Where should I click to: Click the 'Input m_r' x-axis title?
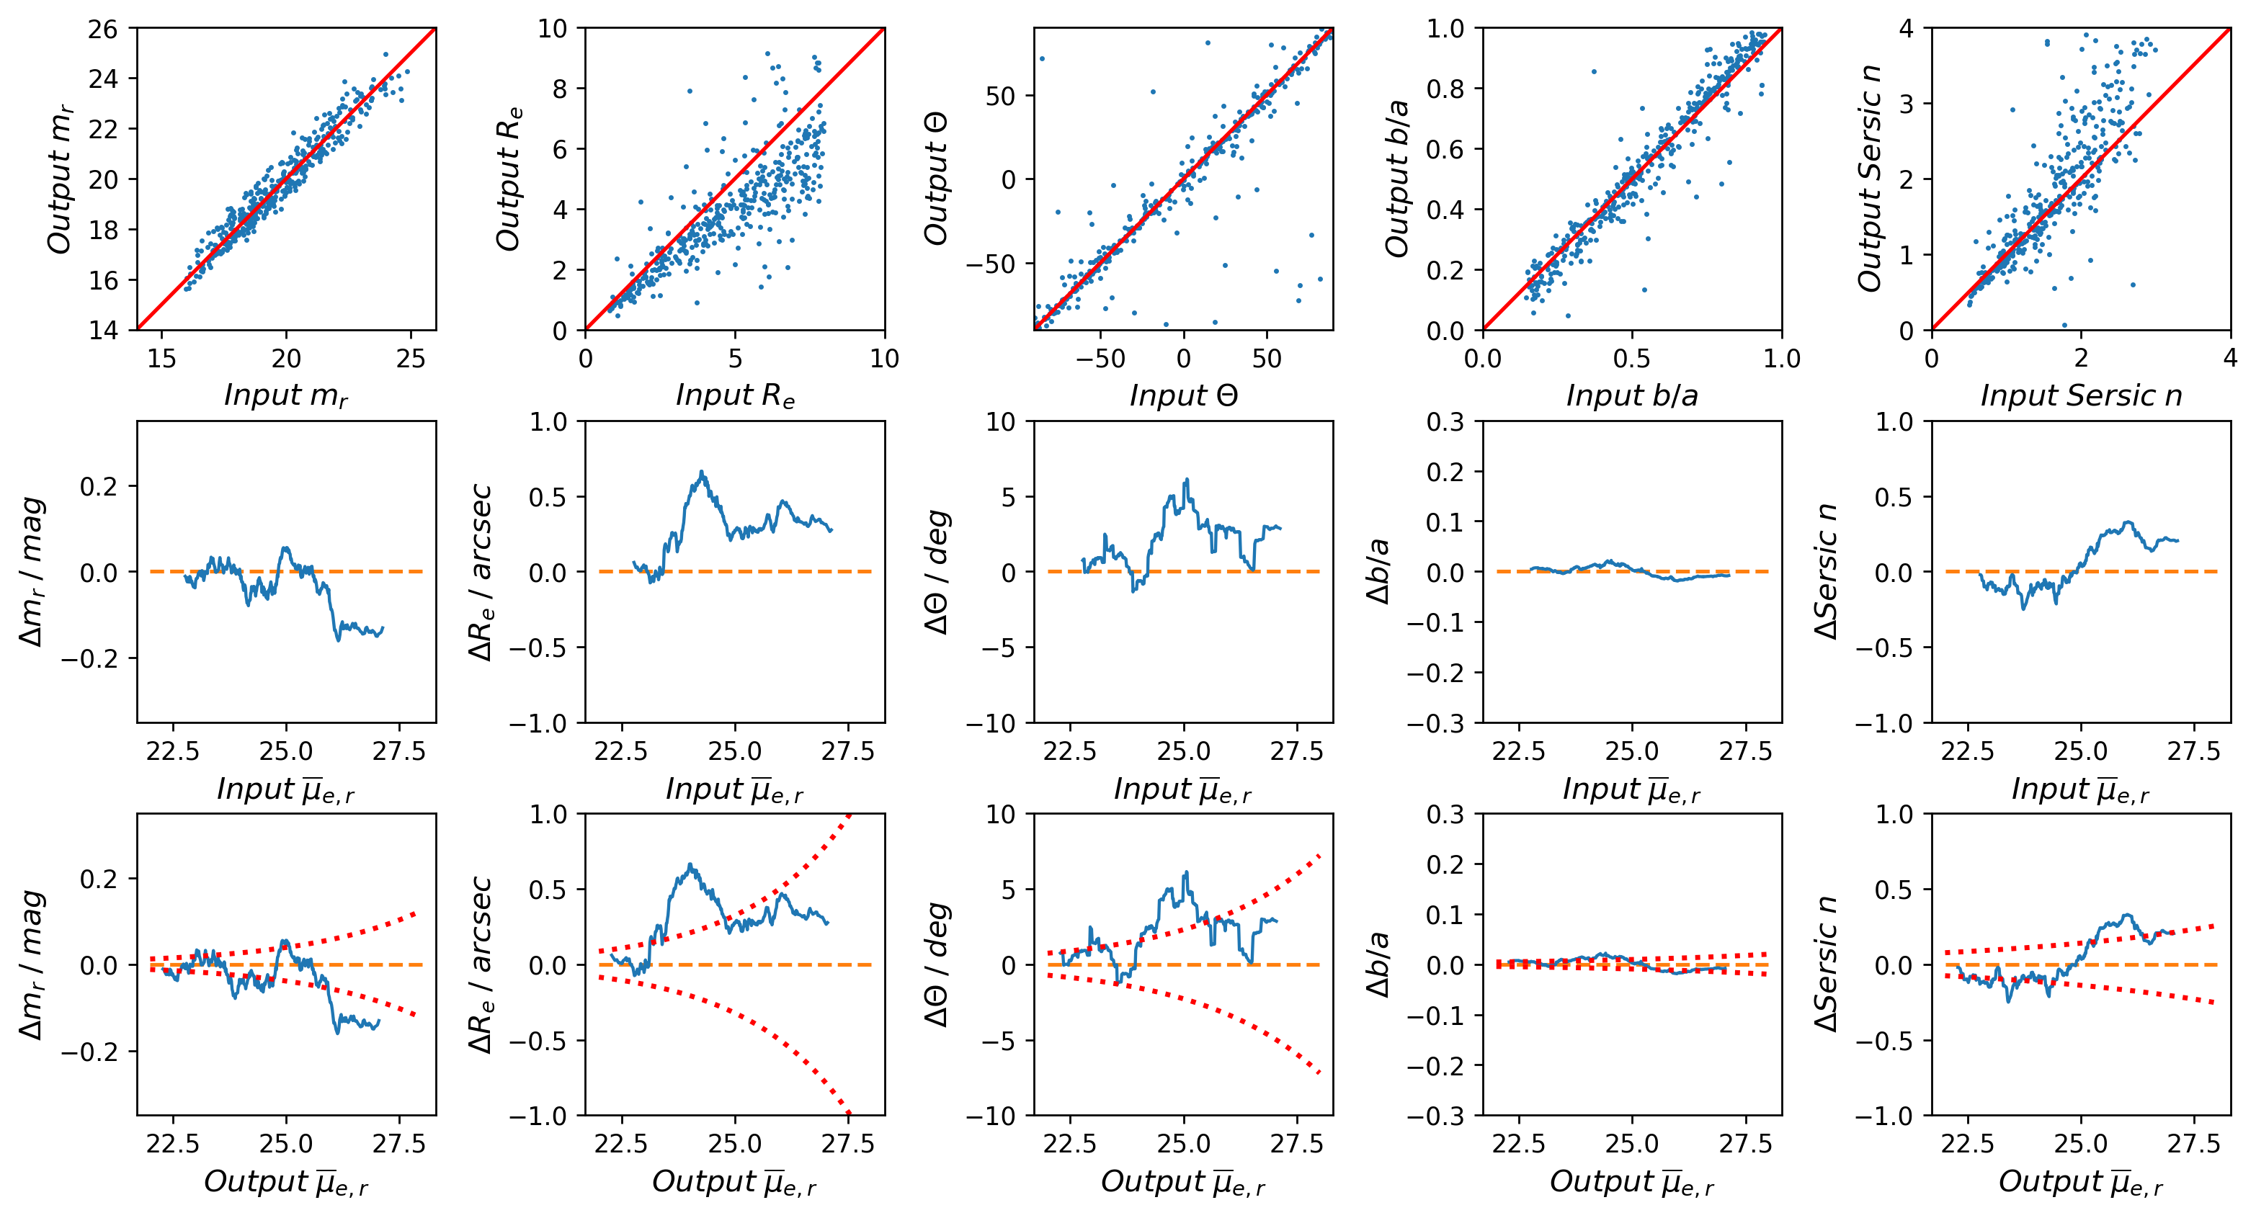point(285,395)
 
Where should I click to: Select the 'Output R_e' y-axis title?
point(509,179)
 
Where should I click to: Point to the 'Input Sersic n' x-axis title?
point(2081,395)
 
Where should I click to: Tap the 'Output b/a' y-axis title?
point(1398,179)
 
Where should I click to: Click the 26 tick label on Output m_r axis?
point(102,29)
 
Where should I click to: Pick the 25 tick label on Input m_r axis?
point(410,358)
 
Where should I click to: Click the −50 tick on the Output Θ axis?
point(994,264)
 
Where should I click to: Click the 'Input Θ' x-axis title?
point(1183,395)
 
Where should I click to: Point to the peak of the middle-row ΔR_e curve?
point(703,472)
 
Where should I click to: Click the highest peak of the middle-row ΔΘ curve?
point(1187,479)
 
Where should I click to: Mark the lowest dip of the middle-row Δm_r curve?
point(339,640)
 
